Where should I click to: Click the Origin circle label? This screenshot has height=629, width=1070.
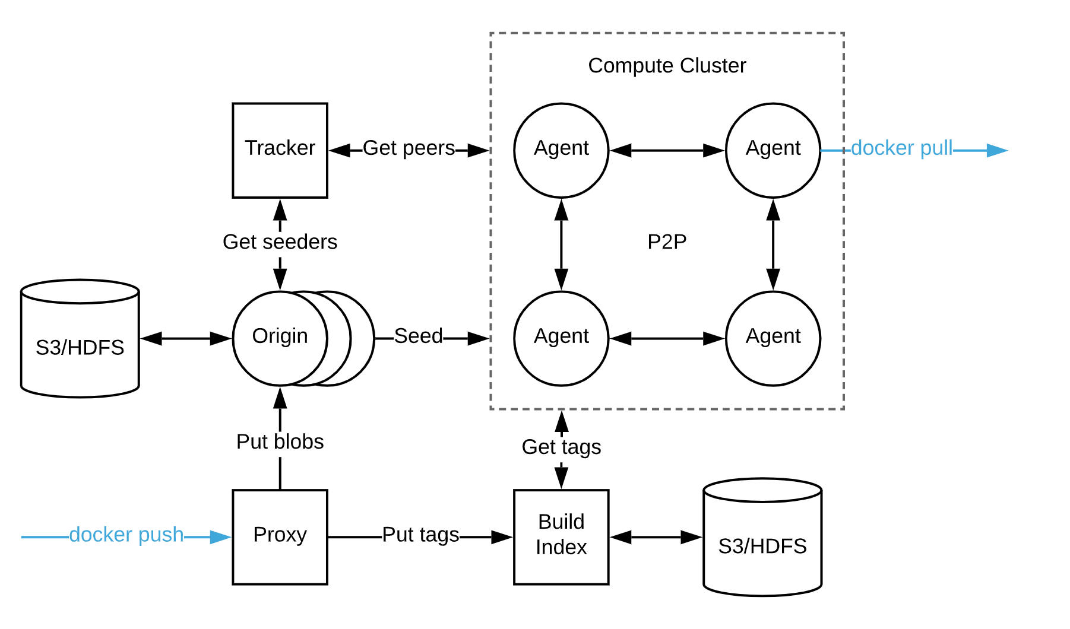(280, 336)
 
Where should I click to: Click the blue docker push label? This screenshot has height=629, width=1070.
(126, 535)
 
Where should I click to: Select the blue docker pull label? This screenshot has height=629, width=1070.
(901, 148)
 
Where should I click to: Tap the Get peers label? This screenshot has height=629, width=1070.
(409, 148)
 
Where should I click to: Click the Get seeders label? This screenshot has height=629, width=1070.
(280, 242)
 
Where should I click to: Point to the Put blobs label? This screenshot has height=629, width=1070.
(280, 441)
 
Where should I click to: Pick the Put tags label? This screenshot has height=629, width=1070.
(420, 535)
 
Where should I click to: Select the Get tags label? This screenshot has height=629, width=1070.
(561, 447)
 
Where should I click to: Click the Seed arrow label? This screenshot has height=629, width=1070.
(418, 336)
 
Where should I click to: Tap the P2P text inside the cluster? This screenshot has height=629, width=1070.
(667, 242)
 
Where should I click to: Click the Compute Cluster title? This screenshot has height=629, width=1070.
(667, 65)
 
